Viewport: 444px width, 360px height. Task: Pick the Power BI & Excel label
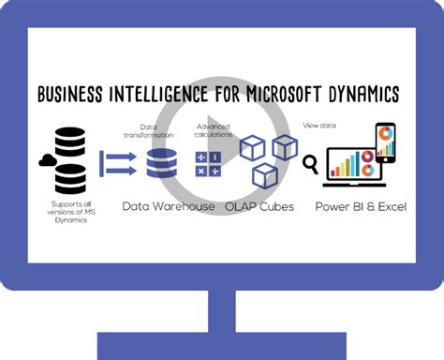[x=361, y=206]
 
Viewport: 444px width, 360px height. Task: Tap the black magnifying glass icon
[x=310, y=166]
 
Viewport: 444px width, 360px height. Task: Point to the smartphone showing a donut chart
[x=388, y=143]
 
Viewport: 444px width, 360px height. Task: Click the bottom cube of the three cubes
[x=265, y=174]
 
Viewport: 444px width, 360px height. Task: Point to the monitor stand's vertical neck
[x=223, y=314]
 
